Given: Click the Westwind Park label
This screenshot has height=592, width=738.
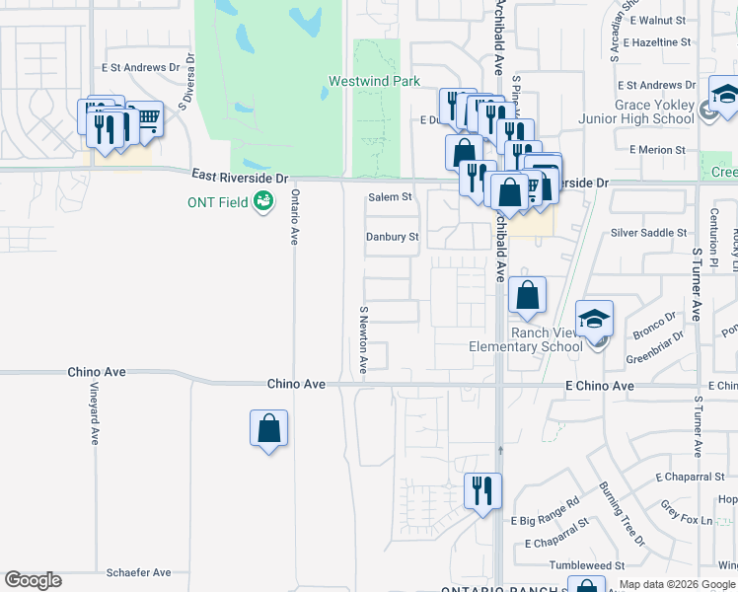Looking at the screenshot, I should click(374, 81).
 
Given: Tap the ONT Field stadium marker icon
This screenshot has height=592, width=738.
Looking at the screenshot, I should click(263, 202).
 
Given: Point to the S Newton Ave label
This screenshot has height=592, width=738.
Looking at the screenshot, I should click(363, 339).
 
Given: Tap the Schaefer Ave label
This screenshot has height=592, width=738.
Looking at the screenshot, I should click(138, 572).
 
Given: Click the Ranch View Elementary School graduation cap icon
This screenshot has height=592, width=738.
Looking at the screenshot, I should click(595, 321).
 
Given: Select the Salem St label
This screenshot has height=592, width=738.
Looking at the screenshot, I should click(390, 197).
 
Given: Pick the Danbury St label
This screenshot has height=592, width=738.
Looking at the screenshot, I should click(393, 237).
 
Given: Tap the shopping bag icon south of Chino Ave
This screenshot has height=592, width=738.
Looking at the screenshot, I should click(268, 429).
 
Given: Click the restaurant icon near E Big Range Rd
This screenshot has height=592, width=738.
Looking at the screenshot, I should click(482, 490).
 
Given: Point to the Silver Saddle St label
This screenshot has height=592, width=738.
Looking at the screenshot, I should click(648, 233).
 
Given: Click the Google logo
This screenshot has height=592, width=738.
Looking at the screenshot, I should click(33, 580).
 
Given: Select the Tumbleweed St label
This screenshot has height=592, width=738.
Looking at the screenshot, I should click(587, 565).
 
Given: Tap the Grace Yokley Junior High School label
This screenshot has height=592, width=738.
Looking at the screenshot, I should click(639, 111).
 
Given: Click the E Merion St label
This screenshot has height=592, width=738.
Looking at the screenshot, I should click(657, 150).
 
